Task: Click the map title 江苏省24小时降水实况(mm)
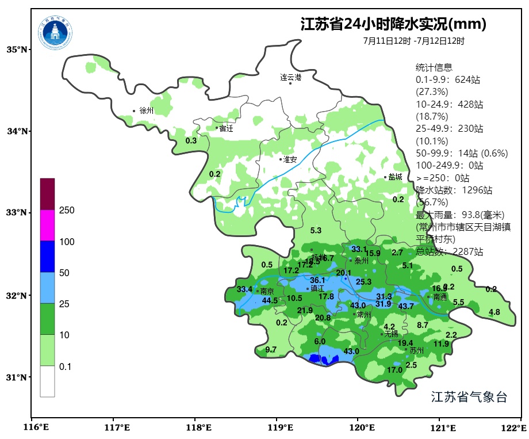[393, 24]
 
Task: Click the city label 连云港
[290, 77]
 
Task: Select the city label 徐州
[146, 110]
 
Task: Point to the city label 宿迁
[226, 128]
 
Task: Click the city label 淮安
[290, 159]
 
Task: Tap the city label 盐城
[395, 177]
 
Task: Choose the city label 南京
[267, 292]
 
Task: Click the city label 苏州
[416, 350]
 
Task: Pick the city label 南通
[440, 297]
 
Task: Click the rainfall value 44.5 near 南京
[270, 301]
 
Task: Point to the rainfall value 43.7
[406, 306]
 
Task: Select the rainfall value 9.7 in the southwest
[271, 350]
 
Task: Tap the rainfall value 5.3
[316, 231]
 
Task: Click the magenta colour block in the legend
[47, 225]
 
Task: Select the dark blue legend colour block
[47, 257]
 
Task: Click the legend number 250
[67, 211]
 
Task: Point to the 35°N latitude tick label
[17, 49]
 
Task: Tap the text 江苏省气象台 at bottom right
[469, 397]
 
